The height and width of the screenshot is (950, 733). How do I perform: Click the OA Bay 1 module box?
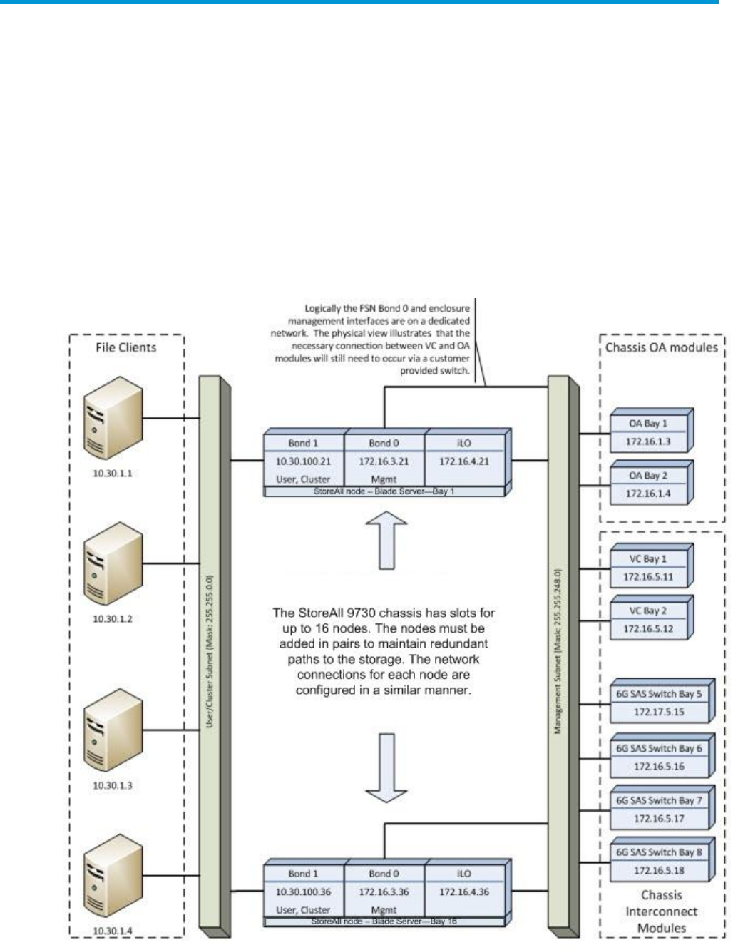[x=650, y=432]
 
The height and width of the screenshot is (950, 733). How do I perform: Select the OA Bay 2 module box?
[x=650, y=484]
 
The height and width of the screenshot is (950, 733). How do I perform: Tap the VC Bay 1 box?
[x=650, y=568]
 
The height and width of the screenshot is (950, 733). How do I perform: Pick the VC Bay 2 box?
[x=650, y=620]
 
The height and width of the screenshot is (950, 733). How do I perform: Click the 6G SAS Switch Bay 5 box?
[x=660, y=702]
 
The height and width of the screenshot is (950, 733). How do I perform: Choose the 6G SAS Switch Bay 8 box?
[x=660, y=861]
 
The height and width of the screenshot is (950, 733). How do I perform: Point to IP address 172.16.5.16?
[x=659, y=766]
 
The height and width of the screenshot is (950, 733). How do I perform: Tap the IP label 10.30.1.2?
[x=113, y=618]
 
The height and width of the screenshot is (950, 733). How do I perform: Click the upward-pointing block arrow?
[x=386, y=541]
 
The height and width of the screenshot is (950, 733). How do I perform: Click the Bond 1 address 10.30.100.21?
[x=304, y=461]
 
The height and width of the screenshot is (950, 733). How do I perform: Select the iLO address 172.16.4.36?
[x=464, y=892]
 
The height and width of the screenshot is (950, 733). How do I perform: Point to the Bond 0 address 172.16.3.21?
[x=384, y=461]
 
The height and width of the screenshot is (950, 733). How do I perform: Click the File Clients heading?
[x=126, y=347]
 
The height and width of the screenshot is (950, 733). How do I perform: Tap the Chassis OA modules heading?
[x=662, y=347]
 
